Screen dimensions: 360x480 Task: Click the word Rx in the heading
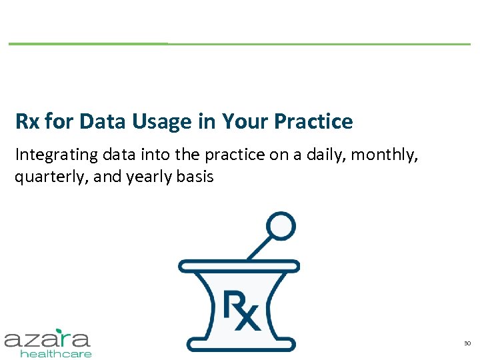tap(27, 122)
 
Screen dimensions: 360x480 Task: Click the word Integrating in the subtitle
tap(56, 155)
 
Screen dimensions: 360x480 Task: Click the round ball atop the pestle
tap(280, 226)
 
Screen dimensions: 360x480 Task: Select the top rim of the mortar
tap(239, 266)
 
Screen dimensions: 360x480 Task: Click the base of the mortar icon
tap(239, 344)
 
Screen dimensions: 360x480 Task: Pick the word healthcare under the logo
tap(56, 354)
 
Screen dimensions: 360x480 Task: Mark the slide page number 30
tap(467, 343)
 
